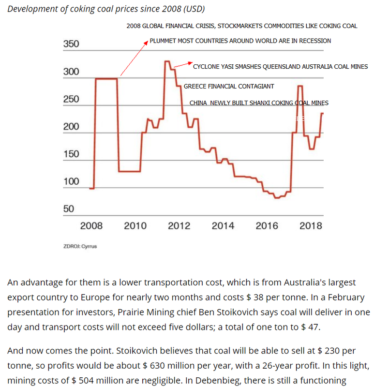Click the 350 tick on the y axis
coord(71,45)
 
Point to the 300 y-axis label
coord(71,72)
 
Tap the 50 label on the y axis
coord(69,209)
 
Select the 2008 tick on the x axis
coord(91,226)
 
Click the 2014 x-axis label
coord(223,226)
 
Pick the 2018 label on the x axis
coord(311,226)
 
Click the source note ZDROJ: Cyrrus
coord(80,246)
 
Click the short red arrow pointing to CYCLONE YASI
coord(182,64)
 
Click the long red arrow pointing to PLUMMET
coord(133,59)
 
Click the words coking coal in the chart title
coord(90,10)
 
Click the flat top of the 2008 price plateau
coord(106,78)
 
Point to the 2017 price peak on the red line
coord(299,86)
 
